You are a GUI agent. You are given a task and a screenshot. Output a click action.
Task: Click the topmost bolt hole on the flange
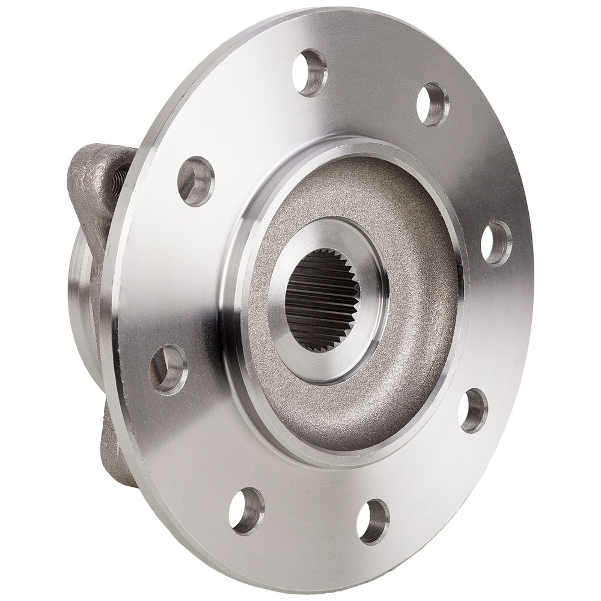[310, 74]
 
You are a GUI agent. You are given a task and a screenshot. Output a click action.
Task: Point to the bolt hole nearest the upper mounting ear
[196, 178]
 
